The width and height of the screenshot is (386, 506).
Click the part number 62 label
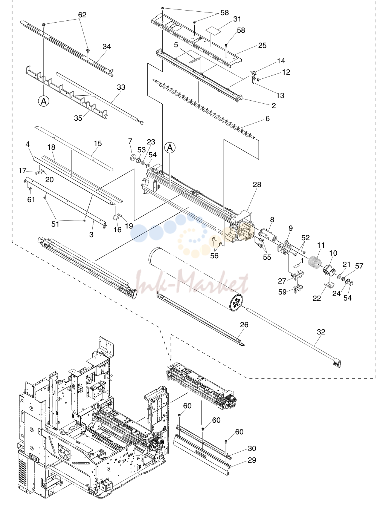tap(82, 15)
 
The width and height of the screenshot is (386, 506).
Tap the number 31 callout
tap(237, 19)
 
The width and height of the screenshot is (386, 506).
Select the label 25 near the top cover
tap(262, 45)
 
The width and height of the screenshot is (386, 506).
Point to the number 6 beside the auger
tap(267, 118)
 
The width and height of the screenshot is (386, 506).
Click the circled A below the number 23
tap(170, 148)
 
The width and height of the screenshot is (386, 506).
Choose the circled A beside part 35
tap(44, 101)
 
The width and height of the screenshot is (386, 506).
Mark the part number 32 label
tap(321, 332)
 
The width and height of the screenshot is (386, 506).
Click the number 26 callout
tap(244, 325)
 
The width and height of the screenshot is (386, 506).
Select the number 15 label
tap(98, 143)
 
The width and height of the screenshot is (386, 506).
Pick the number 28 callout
tap(257, 184)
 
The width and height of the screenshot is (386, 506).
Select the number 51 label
tap(55, 224)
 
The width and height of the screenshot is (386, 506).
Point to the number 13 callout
tap(280, 95)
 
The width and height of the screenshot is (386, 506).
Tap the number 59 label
tap(282, 292)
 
